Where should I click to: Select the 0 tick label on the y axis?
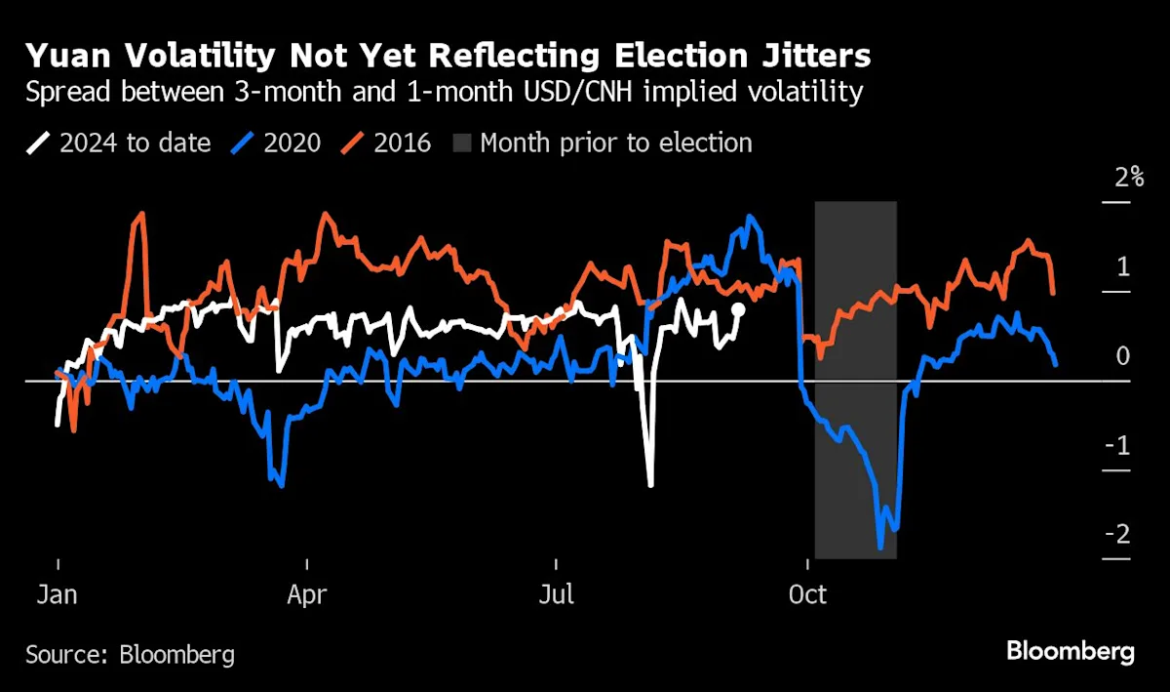pos(1123,356)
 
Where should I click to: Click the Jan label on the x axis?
pos(58,594)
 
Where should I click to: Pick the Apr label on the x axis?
pos(307,594)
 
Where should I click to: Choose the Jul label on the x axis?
pos(556,594)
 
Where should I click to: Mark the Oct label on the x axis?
pos(806,594)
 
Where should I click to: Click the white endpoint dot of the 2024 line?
pos(738,309)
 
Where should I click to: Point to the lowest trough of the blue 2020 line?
pos(881,548)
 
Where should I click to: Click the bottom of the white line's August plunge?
pos(650,484)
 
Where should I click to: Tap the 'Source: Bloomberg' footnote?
pos(130,654)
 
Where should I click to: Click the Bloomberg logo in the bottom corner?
pos(1070,651)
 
